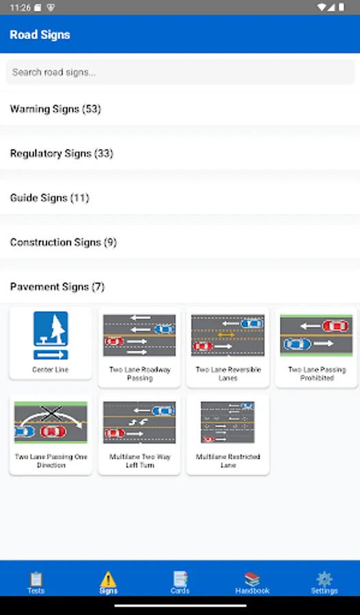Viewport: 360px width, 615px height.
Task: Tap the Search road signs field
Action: click(x=180, y=72)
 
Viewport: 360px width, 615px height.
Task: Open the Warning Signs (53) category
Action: click(x=55, y=109)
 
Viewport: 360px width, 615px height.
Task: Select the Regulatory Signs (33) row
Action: click(x=61, y=153)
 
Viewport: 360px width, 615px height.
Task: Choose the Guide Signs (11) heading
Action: click(x=49, y=197)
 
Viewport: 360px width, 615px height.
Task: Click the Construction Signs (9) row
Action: click(x=63, y=242)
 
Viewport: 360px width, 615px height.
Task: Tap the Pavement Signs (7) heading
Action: click(x=57, y=286)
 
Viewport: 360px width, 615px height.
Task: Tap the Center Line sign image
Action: click(x=51, y=336)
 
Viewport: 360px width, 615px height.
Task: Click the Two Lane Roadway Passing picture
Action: click(x=139, y=336)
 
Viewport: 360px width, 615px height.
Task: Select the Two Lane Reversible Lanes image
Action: click(x=228, y=336)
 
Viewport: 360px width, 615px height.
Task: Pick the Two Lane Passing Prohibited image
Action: click(x=316, y=336)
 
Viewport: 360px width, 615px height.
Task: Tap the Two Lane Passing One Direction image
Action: click(x=51, y=423)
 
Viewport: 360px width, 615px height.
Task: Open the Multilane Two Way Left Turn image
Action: click(x=139, y=423)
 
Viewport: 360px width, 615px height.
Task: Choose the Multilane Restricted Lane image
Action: click(x=228, y=423)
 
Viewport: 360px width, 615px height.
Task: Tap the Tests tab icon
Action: click(x=36, y=579)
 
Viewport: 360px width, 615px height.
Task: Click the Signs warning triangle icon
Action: click(x=108, y=579)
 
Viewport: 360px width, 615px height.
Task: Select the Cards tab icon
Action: click(x=180, y=579)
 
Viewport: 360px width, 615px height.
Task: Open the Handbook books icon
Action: click(x=252, y=579)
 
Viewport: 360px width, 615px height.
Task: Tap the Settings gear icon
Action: click(x=324, y=579)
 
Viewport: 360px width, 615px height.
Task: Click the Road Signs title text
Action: click(x=40, y=35)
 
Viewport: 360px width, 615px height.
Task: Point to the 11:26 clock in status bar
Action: click(x=20, y=7)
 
